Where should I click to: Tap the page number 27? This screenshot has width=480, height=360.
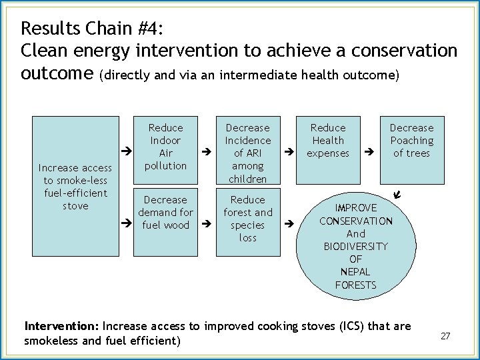point(445,336)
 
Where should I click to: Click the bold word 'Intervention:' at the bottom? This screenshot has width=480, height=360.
point(61,327)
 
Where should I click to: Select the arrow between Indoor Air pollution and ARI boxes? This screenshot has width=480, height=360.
point(206,153)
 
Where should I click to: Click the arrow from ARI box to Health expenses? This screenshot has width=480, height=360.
point(289,153)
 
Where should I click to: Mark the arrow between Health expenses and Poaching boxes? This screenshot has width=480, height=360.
point(370,153)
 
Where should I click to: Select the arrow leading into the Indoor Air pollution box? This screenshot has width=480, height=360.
point(123,153)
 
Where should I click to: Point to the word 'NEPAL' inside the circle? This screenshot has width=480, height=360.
point(356,272)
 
